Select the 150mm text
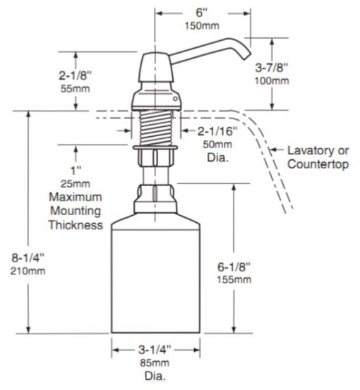tap(202, 25)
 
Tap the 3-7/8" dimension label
tap(272, 68)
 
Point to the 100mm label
tap(272, 81)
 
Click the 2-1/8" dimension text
tap(76, 75)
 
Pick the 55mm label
tap(76, 89)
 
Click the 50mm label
tap(217, 145)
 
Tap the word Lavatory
tap(307, 151)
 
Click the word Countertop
tap(318, 164)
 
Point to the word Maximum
tap(76, 197)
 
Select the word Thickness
tap(76, 225)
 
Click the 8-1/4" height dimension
tap(28, 258)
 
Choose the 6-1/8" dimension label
tap(234, 267)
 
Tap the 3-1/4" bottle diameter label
tap(155, 350)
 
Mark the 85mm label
tap(155, 363)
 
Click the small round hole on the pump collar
tap(175, 99)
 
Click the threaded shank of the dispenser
tap(156, 128)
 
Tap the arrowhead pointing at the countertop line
tap(273, 150)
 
